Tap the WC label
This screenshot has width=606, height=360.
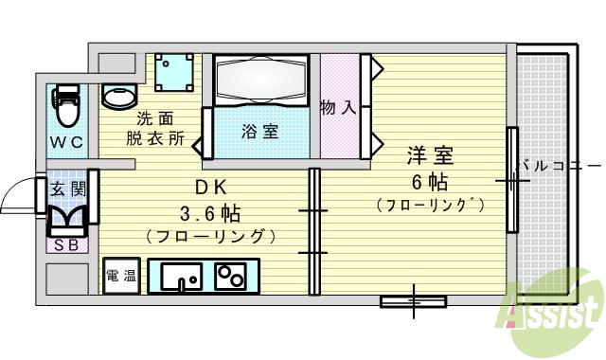(66, 142)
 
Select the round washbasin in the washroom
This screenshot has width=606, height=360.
(118, 96)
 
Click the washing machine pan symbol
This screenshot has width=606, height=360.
(174, 71)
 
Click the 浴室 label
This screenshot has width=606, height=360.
(259, 132)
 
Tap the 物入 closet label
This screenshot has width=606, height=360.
(339, 107)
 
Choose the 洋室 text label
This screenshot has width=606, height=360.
(430, 153)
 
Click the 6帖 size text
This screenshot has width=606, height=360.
(431, 180)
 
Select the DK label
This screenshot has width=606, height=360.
(210, 186)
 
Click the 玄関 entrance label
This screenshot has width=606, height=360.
(67, 189)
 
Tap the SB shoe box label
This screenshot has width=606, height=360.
(67, 245)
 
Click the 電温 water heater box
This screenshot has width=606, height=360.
(120, 276)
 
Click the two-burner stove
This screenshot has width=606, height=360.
(229, 276)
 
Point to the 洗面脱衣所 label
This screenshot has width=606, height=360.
(155, 129)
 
